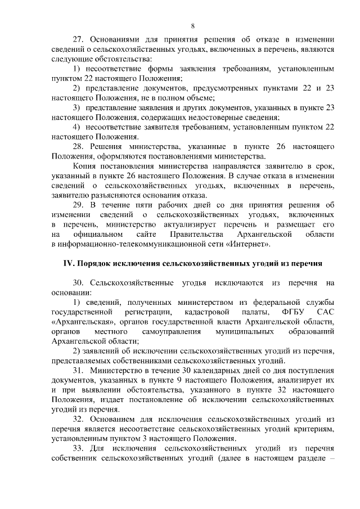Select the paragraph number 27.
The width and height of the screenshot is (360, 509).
(79, 40)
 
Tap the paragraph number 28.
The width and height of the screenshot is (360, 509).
(79, 147)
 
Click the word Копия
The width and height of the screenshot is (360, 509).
(85, 167)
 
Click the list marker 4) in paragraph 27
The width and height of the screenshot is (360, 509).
(78, 127)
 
